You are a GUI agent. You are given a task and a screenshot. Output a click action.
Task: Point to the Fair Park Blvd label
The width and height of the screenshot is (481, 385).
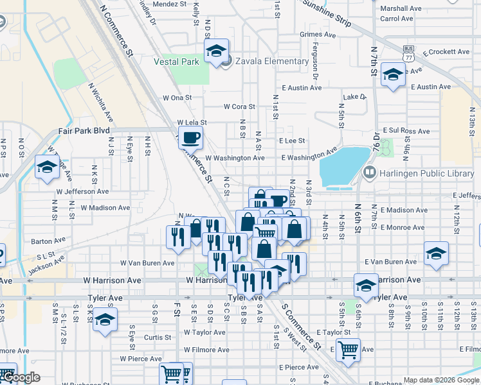pyautogui.click(x=84, y=130)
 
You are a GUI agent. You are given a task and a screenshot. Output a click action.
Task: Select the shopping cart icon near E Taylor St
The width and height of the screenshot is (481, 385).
pyautogui.click(x=348, y=350)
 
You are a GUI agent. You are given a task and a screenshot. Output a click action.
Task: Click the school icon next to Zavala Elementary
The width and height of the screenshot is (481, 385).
pyautogui.click(x=217, y=51)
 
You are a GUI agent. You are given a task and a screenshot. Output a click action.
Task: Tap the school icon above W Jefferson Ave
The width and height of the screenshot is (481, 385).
pyautogui.click(x=47, y=168)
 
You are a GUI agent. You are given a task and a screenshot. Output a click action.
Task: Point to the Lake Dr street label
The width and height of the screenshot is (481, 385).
pyautogui.click(x=354, y=97)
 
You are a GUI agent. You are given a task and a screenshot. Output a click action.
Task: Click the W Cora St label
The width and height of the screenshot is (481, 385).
pyautogui.click(x=239, y=107)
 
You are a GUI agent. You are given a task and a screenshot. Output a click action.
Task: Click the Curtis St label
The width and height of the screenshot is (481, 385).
pyautogui.click(x=158, y=337)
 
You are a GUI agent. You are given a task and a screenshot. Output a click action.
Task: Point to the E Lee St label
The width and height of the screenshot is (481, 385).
pyautogui.click(x=291, y=141)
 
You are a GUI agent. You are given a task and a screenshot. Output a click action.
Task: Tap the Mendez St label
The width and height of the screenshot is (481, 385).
pyautogui.click(x=169, y=4)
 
